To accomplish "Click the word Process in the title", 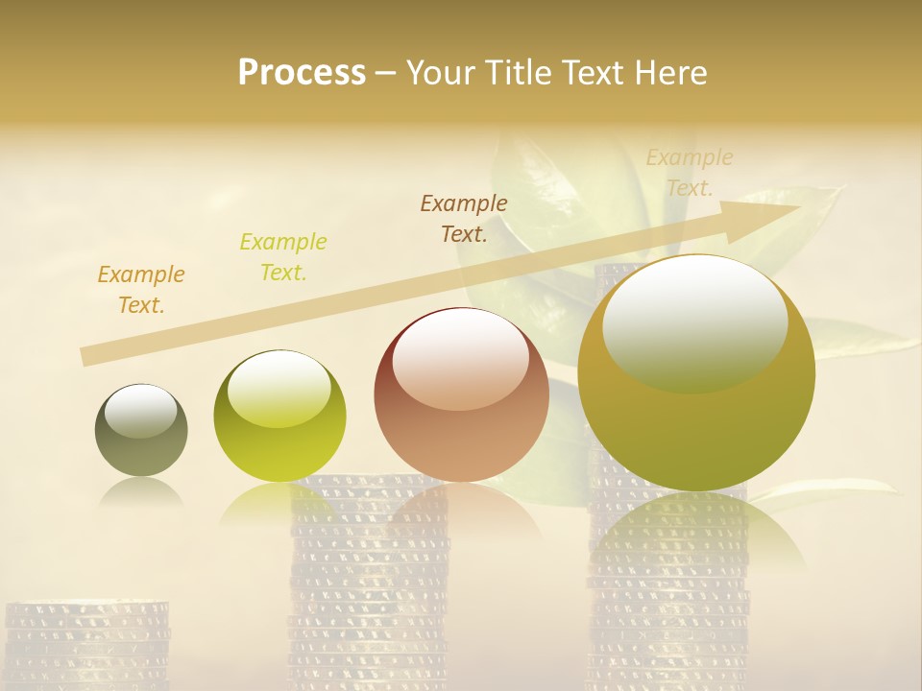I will click(x=302, y=73).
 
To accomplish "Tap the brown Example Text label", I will click(x=464, y=218).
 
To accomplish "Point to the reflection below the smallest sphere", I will click(x=141, y=493).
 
